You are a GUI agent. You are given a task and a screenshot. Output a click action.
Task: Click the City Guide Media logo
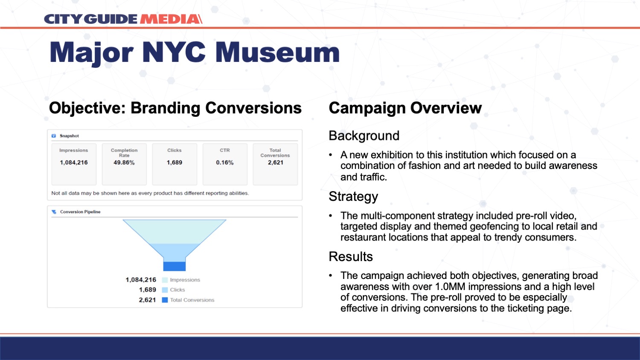pyautogui.click(x=123, y=19)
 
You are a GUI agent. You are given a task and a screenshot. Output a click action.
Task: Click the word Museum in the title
pyautogui.click(x=277, y=52)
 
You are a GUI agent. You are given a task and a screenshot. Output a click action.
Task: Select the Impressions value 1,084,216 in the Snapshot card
pyautogui.click(x=74, y=163)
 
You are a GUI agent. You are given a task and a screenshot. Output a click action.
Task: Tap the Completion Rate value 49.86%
pyautogui.click(x=124, y=163)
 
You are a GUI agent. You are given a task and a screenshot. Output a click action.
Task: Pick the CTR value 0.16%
pyautogui.click(x=224, y=163)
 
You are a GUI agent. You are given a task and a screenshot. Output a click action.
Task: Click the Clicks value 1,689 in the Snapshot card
pyautogui.click(x=174, y=163)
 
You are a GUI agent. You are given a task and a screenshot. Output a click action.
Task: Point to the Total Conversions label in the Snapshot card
pyautogui.click(x=275, y=153)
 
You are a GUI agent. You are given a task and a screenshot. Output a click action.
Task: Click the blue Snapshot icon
pyautogui.click(x=54, y=136)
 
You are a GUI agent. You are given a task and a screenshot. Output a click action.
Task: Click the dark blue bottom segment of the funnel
pyautogui.click(x=174, y=266)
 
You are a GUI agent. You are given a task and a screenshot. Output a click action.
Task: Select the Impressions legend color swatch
pyautogui.click(x=165, y=280)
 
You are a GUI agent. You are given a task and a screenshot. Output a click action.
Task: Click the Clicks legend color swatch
pyautogui.click(x=165, y=290)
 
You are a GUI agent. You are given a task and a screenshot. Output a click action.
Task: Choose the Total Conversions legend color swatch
pyautogui.click(x=165, y=300)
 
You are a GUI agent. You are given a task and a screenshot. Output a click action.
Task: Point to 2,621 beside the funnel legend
pyautogui.click(x=148, y=300)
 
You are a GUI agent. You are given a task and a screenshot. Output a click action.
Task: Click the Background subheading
pyautogui.click(x=364, y=136)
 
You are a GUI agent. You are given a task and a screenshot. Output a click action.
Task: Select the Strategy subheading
pyautogui.click(x=353, y=197)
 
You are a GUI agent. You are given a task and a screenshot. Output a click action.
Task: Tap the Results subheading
pyautogui.click(x=351, y=257)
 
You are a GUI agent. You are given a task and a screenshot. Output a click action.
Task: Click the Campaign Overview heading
pyautogui.click(x=405, y=108)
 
